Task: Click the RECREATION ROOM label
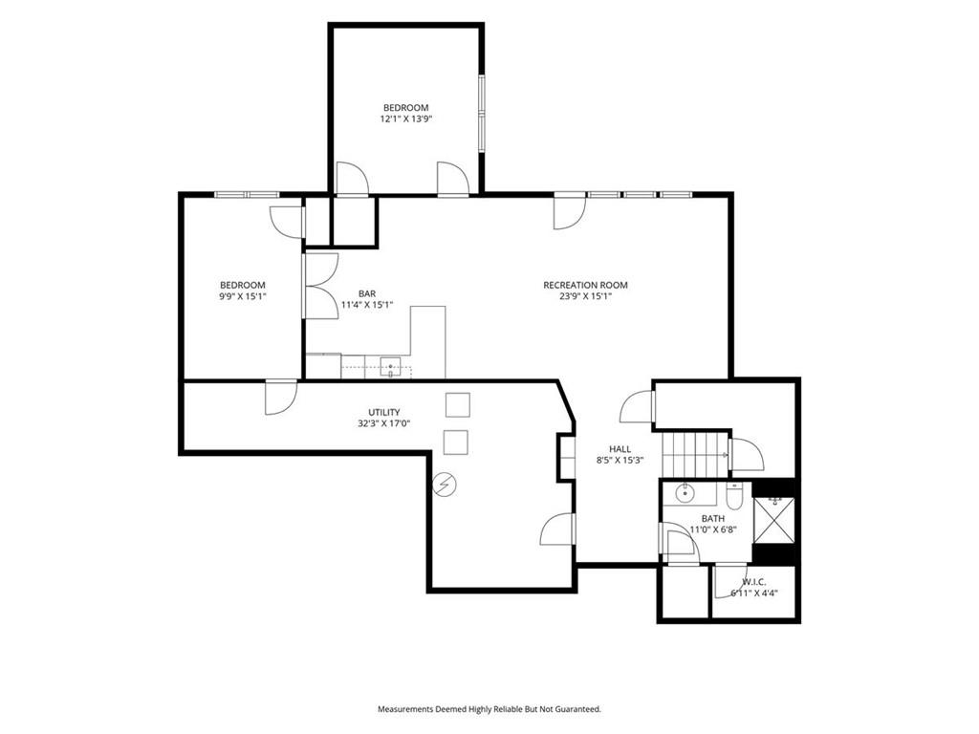click(585, 285)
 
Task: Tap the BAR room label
click(367, 293)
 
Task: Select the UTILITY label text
click(384, 412)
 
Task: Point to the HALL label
click(620, 449)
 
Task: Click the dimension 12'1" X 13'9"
click(405, 119)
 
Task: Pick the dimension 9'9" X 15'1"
click(242, 296)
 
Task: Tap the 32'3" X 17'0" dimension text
click(384, 423)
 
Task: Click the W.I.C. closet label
click(754, 582)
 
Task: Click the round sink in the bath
click(685, 493)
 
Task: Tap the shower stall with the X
click(774, 520)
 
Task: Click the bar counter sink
click(390, 368)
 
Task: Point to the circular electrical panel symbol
click(445, 485)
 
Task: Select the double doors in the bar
click(321, 287)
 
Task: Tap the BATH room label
click(713, 519)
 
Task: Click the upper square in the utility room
click(458, 404)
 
